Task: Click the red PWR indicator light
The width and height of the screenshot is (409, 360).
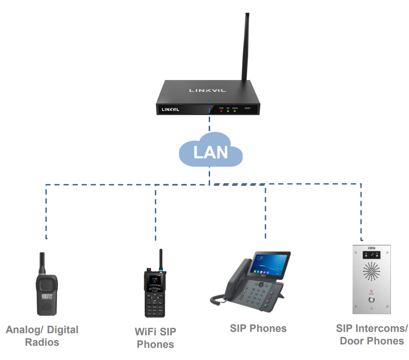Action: (x=221, y=111)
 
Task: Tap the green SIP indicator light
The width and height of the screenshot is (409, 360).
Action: (x=228, y=111)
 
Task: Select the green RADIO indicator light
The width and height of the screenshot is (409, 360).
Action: (x=235, y=111)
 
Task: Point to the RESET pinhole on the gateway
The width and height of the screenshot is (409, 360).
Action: (x=248, y=111)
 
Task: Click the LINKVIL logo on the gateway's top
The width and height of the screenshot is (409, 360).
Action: (x=208, y=90)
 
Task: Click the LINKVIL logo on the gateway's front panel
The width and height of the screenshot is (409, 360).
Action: (x=170, y=109)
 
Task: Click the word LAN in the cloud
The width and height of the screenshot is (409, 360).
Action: (x=211, y=152)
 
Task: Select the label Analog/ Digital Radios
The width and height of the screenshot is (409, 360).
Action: (x=42, y=336)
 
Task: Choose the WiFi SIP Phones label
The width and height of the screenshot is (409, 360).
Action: (x=156, y=338)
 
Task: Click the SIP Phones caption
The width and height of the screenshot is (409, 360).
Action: (x=258, y=328)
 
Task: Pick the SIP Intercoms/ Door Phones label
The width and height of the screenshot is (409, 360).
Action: (x=372, y=334)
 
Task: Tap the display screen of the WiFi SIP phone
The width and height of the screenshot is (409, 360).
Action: (x=154, y=283)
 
